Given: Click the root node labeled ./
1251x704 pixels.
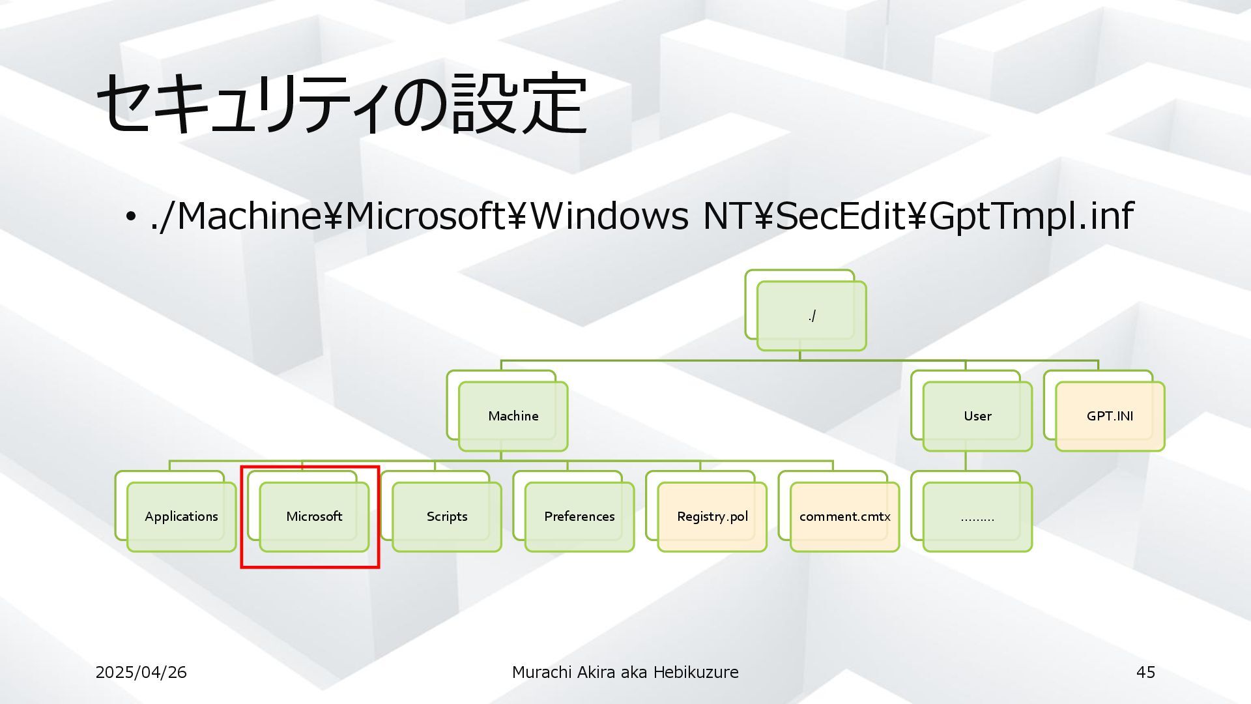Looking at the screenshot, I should [811, 316].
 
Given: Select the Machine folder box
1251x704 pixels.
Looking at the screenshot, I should [513, 416].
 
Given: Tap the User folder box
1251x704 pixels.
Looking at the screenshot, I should [977, 416].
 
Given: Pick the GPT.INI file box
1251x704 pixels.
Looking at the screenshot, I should [1110, 416].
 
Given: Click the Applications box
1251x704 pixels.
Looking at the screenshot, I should [181, 516].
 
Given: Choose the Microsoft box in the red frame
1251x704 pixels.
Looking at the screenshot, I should [314, 516].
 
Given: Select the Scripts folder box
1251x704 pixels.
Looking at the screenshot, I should [447, 516].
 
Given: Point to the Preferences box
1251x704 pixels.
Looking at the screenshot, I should [579, 516].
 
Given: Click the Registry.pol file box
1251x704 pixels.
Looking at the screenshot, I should [712, 516].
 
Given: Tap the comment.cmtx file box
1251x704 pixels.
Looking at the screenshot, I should [844, 516].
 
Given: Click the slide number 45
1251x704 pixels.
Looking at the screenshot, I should [1145, 672].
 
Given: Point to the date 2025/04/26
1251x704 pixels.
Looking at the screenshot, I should [141, 672].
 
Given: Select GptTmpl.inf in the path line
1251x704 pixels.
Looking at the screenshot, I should [1031, 216].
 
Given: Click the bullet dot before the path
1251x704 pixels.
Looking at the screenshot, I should [130, 216].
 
